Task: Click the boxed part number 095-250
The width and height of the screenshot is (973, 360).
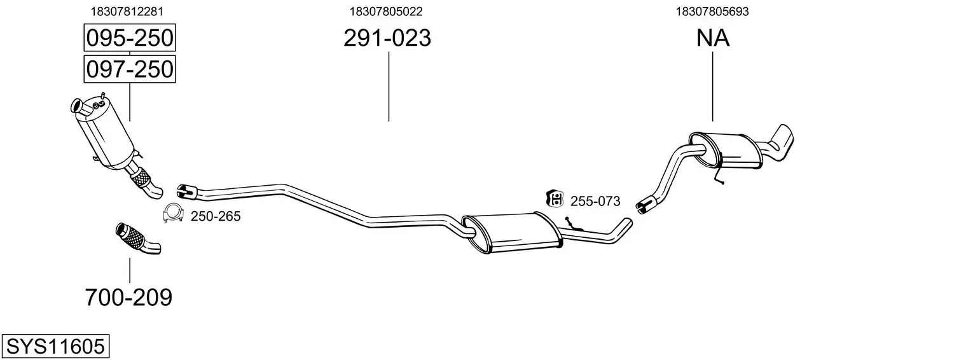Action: coord(130,38)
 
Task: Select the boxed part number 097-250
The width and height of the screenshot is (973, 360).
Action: coord(130,69)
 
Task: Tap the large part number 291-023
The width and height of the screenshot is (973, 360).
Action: coord(387,38)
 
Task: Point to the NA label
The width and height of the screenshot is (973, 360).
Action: coord(713,38)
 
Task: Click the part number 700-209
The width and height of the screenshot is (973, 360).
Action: coord(128,298)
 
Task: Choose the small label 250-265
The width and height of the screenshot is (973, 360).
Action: coord(216,216)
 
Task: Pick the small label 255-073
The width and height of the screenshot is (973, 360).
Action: coord(595,202)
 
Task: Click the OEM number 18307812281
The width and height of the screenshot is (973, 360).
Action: coord(127,11)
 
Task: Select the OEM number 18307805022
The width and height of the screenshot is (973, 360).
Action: coord(386,11)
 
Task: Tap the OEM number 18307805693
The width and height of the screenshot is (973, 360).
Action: coord(712,11)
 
